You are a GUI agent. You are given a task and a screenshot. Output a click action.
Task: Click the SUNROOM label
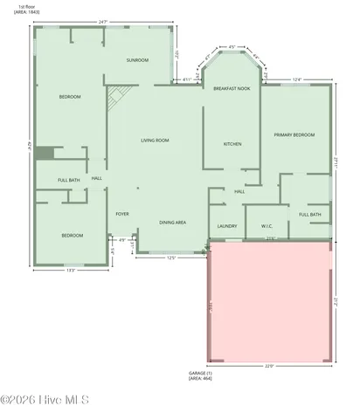[x=137, y=60]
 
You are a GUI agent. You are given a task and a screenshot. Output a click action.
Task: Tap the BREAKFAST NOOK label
[x=232, y=88]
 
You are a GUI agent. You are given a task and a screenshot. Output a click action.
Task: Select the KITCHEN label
[x=232, y=144]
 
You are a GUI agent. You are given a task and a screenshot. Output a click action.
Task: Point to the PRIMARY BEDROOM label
[x=294, y=135]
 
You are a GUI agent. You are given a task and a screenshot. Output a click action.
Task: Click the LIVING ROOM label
[x=155, y=140]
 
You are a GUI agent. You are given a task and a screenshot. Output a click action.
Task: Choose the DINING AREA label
[x=172, y=223]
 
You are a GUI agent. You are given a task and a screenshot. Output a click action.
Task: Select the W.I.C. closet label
[x=267, y=226]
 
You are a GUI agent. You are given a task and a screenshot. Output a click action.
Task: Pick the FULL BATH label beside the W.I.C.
[x=309, y=215]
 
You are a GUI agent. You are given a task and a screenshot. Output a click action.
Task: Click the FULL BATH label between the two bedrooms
[x=69, y=181]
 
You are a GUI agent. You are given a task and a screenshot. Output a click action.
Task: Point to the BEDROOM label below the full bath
[x=72, y=236]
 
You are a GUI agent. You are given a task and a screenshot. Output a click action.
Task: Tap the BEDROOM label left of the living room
[x=70, y=97]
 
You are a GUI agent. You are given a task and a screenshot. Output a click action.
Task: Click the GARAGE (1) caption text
[x=200, y=372]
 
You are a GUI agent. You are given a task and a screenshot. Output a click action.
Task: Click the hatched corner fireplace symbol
[x=117, y=97]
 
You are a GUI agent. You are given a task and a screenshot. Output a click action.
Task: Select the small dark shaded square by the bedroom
[x=45, y=154]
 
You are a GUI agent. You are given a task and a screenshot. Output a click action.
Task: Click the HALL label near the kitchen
[x=239, y=192]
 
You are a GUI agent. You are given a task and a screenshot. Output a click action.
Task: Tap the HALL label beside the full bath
[x=97, y=179]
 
